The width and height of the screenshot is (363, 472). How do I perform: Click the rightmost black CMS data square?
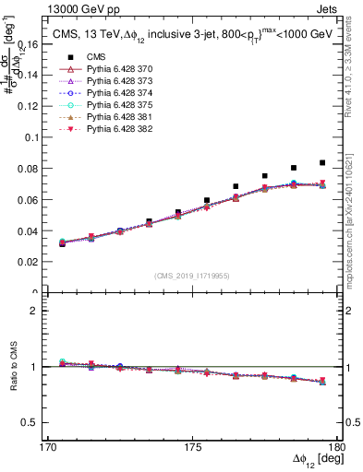[322, 162]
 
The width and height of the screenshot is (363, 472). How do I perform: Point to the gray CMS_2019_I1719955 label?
[193, 274]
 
